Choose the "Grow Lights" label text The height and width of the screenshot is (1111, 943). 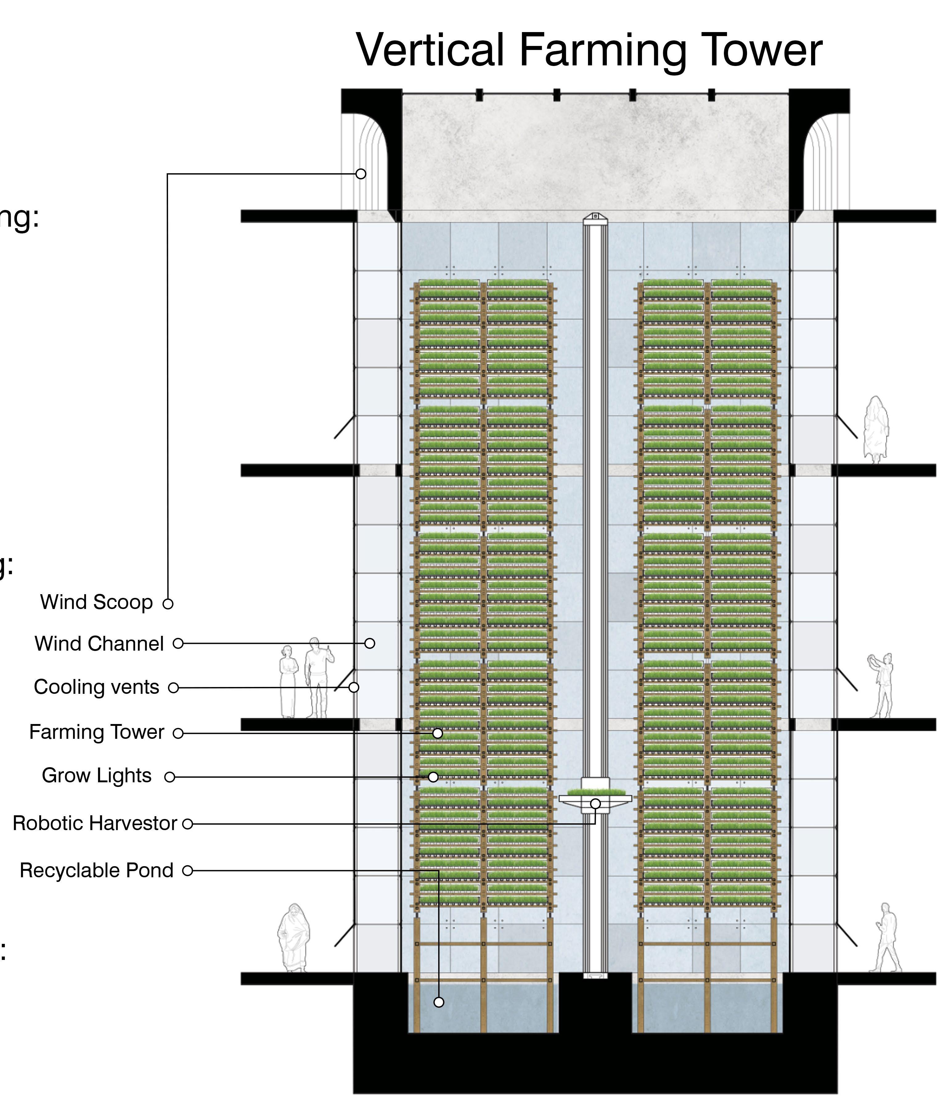pos(97,776)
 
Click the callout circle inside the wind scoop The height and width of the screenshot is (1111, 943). pos(361,174)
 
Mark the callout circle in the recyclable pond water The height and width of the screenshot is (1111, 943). pos(439,1002)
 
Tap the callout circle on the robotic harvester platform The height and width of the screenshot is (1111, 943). pos(595,804)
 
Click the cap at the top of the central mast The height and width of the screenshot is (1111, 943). pos(595,217)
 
